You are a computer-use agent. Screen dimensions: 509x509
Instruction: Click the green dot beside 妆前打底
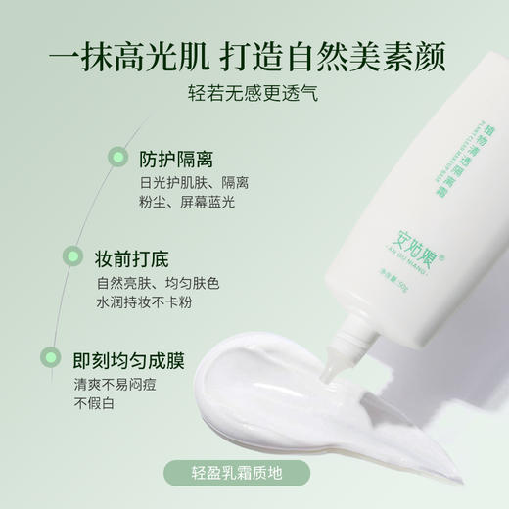pyautogui.click(x=73, y=259)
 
